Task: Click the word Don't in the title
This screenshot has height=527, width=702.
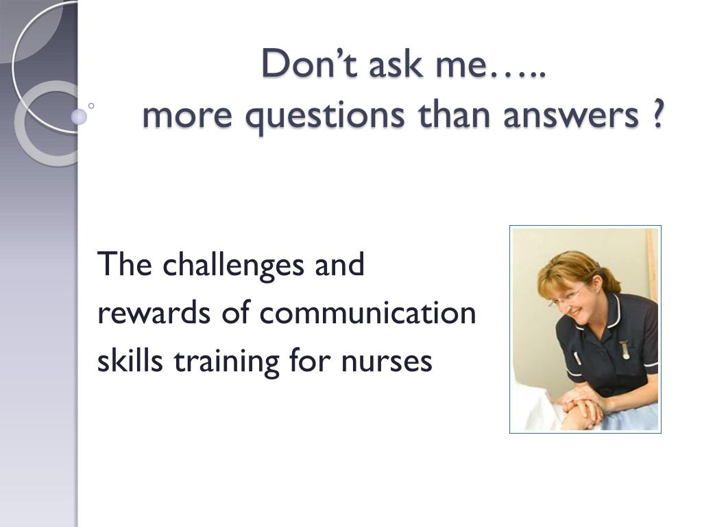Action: [x=309, y=63]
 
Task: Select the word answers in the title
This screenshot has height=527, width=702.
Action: [x=571, y=115]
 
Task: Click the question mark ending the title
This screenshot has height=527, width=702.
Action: [x=655, y=113]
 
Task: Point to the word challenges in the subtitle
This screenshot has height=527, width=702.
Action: [x=233, y=266]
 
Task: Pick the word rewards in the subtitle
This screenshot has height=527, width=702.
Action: [x=154, y=313]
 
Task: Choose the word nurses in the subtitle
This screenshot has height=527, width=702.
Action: [x=387, y=362]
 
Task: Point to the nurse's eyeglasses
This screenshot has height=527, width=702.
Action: [x=567, y=294]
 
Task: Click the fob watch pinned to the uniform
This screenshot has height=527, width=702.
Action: [x=625, y=349]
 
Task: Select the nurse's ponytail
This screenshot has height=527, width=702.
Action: [x=611, y=279]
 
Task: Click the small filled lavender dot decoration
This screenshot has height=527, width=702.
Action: [x=79, y=117]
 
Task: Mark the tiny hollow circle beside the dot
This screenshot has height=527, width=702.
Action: [x=91, y=106]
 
